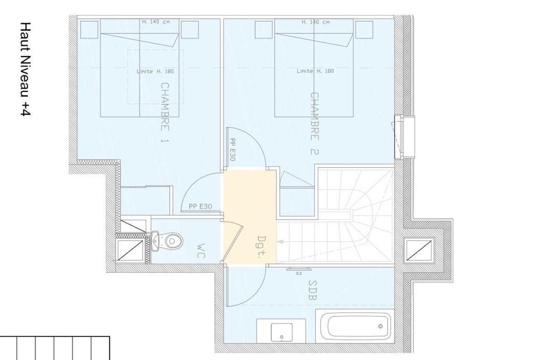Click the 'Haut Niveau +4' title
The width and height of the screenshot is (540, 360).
click(26, 69)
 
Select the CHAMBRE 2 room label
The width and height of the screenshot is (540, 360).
click(314, 123)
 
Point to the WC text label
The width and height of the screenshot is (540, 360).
click(201, 251)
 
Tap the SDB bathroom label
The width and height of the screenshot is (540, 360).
click(312, 290)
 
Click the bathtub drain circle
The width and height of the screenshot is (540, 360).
click(380, 326)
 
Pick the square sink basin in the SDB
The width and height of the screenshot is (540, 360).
click(282, 332)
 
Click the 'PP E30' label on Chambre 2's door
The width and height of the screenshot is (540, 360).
click(233, 150)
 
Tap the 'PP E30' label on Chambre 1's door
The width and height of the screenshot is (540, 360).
click(200, 206)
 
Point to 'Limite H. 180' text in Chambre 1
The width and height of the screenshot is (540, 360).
click(156, 72)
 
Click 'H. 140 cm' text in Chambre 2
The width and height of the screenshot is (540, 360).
click(315, 22)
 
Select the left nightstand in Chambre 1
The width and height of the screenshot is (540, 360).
click(89, 30)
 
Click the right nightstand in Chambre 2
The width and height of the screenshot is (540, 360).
click(364, 30)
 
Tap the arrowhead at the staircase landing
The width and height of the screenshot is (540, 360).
click(280, 241)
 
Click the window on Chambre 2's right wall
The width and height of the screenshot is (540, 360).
click(404, 137)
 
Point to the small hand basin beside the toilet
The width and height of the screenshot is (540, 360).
click(155, 240)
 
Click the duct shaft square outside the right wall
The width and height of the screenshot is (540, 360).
click(419, 251)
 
